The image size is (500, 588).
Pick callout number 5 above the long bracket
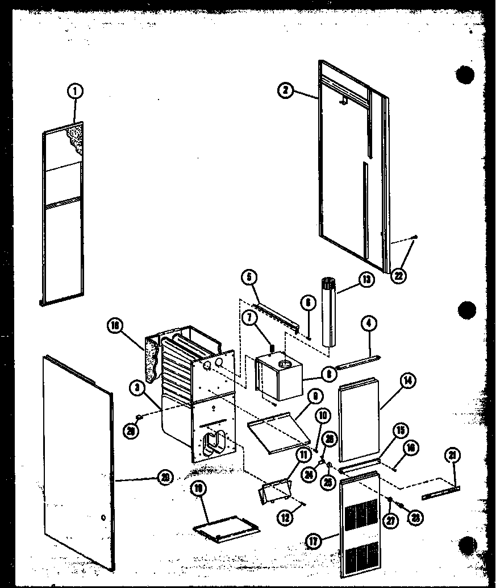(248, 277)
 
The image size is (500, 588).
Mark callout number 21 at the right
(453, 456)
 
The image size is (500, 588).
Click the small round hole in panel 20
(102, 517)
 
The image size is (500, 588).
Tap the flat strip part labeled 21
(440, 492)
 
